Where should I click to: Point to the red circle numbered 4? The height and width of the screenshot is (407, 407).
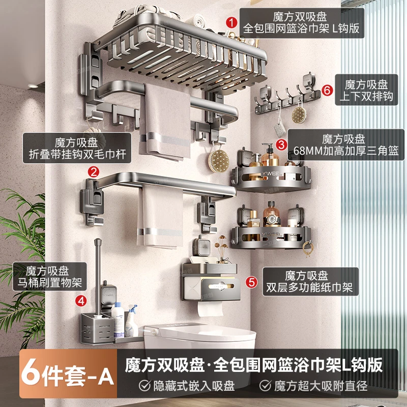(80, 300)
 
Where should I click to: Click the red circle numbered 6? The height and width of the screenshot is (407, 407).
(328, 90)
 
